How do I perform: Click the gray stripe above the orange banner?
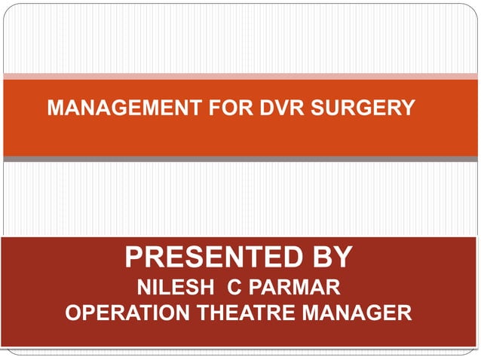[240, 75]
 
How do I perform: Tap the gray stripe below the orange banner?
[240, 159]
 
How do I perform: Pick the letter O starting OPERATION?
[74, 312]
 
